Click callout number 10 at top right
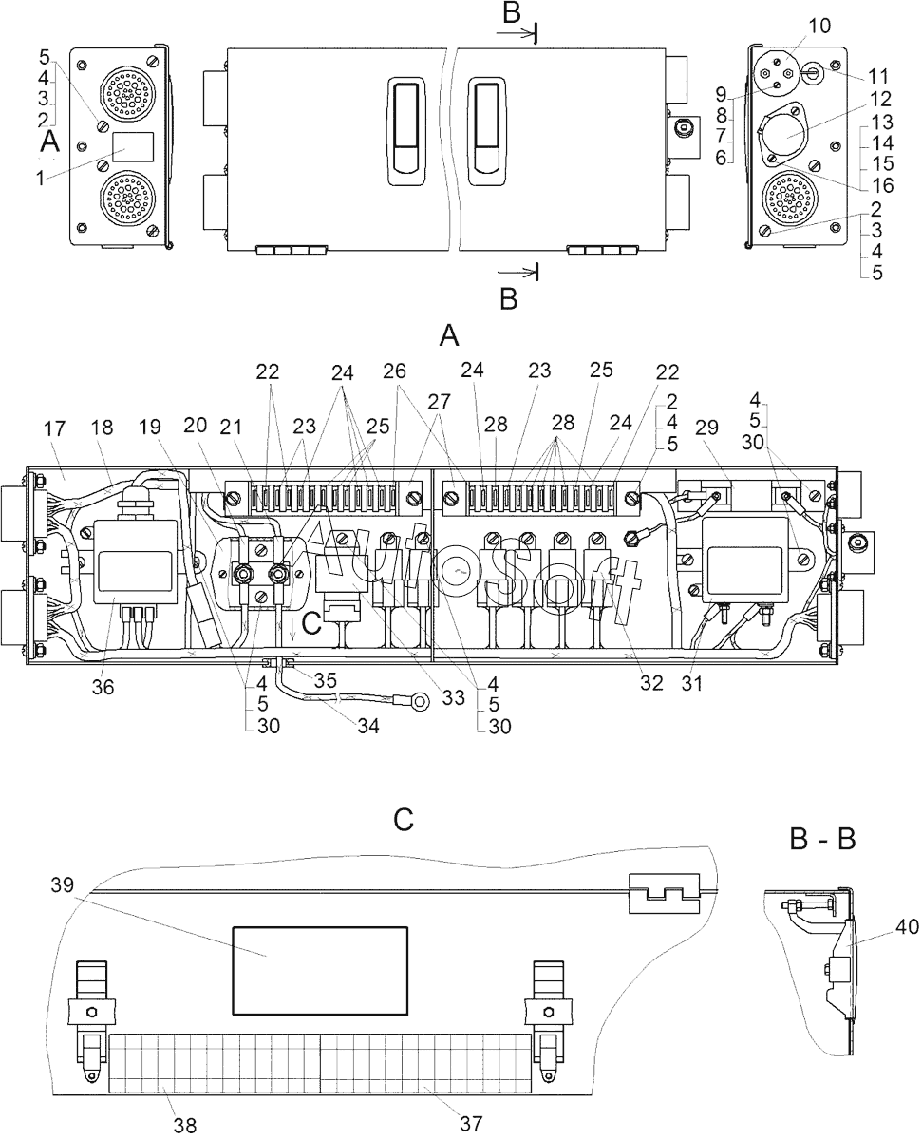(x=819, y=26)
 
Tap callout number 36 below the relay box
(x=103, y=687)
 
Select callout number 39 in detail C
(x=62, y=884)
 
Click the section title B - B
(x=822, y=839)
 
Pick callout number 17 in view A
(x=54, y=428)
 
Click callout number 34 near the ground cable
(x=367, y=727)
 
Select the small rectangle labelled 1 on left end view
(x=133, y=146)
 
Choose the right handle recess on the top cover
(x=486, y=132)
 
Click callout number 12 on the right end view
(x=881, y=99)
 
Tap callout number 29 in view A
(x=706, y=427)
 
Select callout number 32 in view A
(x=651, y=682)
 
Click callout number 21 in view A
(x=231, y=427)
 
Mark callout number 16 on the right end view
(x=883, y=185)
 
